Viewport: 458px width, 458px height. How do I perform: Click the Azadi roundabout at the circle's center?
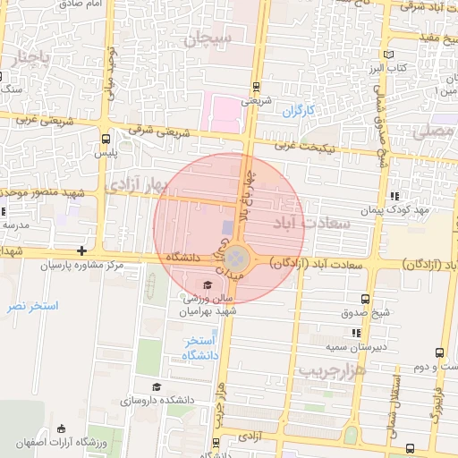tap(233, 258)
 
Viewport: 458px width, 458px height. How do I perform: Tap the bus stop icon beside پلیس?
tap(106, 139)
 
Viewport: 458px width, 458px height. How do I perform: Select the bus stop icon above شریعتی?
tap(258, 87)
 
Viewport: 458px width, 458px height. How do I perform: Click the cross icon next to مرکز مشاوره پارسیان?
tap(82, 251)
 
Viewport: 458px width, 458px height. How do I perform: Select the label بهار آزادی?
tap(136, 184)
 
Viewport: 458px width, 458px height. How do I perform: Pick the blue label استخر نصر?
tap(32, 306)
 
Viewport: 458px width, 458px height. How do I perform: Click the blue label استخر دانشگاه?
tap(201, 348)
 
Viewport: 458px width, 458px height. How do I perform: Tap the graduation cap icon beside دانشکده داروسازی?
tap(157, 387)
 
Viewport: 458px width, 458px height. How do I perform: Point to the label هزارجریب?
tap(331, 369)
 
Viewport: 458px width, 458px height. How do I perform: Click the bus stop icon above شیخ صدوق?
tap(364, 299)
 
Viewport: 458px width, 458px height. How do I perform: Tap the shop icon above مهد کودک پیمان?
tap(394, 197)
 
